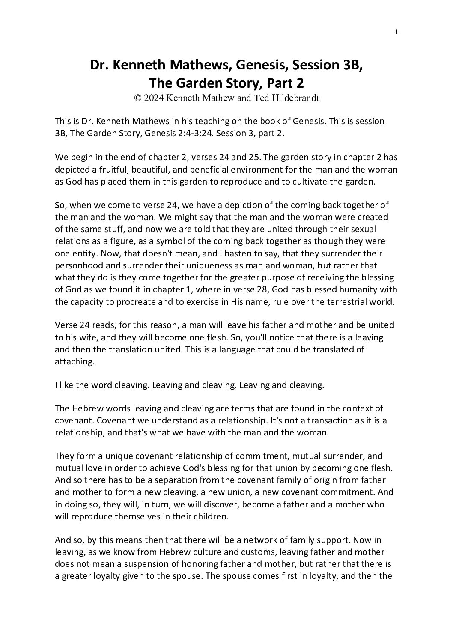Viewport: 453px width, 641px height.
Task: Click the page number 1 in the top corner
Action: tap(397, 32)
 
